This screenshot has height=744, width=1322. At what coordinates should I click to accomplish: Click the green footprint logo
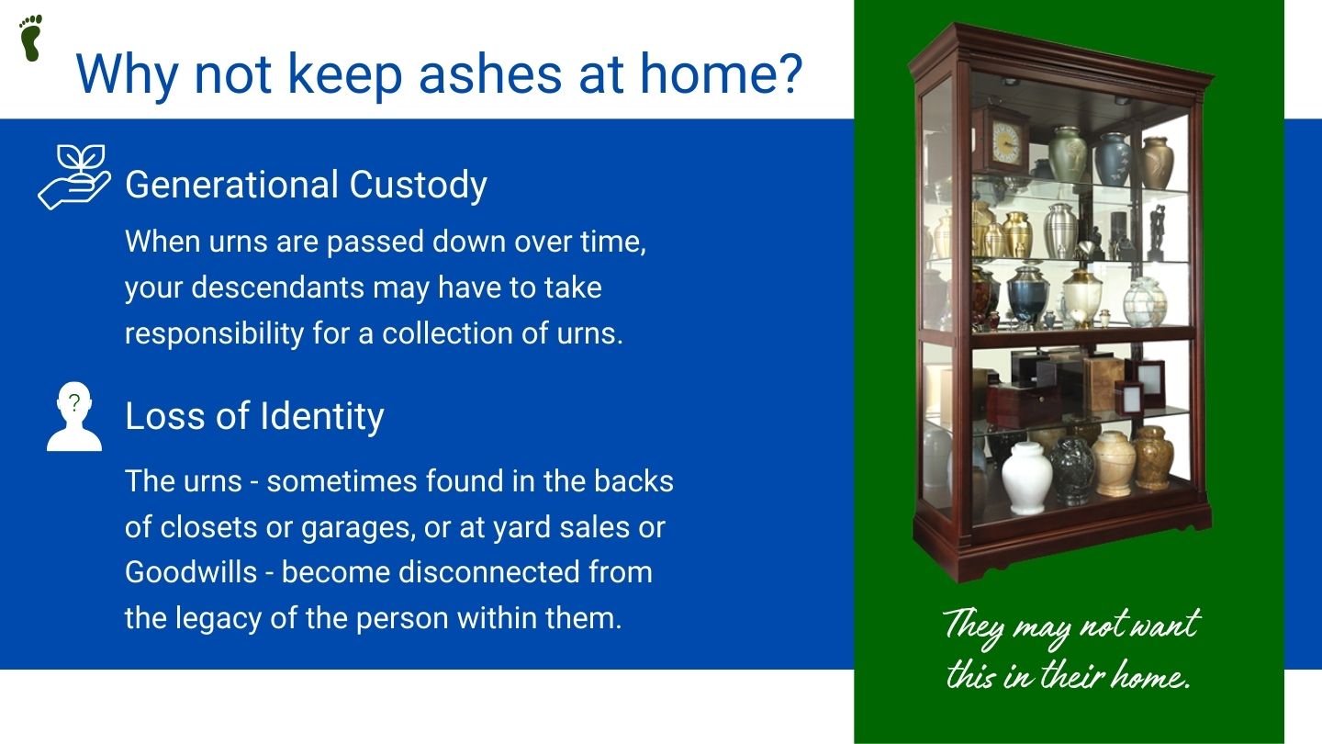point(30,39)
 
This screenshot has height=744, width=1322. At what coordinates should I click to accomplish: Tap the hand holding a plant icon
point(74,177)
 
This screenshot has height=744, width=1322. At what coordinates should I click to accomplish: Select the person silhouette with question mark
point(74,417)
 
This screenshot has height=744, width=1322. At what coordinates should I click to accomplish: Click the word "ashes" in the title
point(490,74)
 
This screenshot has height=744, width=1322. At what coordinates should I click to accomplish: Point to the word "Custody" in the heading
point(419,186)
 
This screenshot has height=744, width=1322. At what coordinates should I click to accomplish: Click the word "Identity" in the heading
point(322,417)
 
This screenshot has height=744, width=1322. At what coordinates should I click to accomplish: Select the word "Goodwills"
point(191,573)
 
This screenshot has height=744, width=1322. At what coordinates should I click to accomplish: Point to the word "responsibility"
point(214,334)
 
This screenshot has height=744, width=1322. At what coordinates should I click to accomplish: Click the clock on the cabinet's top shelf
point(1001,141)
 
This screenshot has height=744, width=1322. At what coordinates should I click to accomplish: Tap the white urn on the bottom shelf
point(1027,479)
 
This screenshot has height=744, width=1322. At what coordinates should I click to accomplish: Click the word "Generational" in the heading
point(232,186)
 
